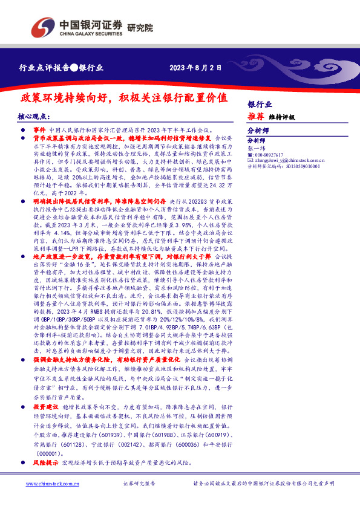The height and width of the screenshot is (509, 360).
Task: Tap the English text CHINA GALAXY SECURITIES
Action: [89, 34]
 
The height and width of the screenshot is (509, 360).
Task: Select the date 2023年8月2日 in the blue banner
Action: [191, 68]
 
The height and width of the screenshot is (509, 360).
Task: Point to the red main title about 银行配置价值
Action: [124, 98]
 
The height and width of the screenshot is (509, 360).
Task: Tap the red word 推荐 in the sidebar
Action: [255, 116]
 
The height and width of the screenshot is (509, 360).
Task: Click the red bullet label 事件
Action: [40, 130]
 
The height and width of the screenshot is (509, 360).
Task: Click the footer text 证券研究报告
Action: [139, 484]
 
